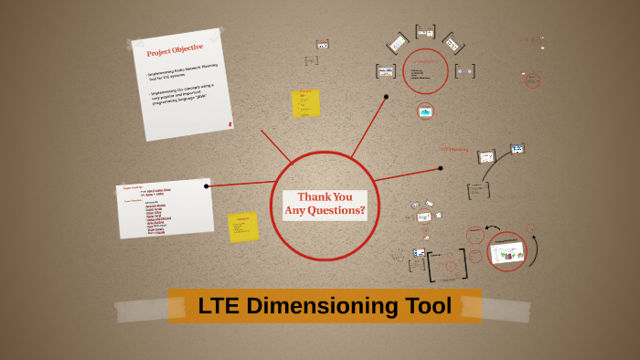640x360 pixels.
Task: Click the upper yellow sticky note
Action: pos(305,103)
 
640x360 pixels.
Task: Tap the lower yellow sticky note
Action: pos(243,227)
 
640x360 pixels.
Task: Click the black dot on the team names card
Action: pos(208,185)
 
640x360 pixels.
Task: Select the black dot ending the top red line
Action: pos(387,96)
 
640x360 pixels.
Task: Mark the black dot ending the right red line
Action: pos(440,168)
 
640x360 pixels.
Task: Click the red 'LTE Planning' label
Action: pos(454,149)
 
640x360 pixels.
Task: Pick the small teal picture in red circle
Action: pos(425,111)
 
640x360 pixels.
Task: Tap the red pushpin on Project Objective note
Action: pos(230,122)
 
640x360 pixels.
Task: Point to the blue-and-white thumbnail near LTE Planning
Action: pos(517,149)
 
